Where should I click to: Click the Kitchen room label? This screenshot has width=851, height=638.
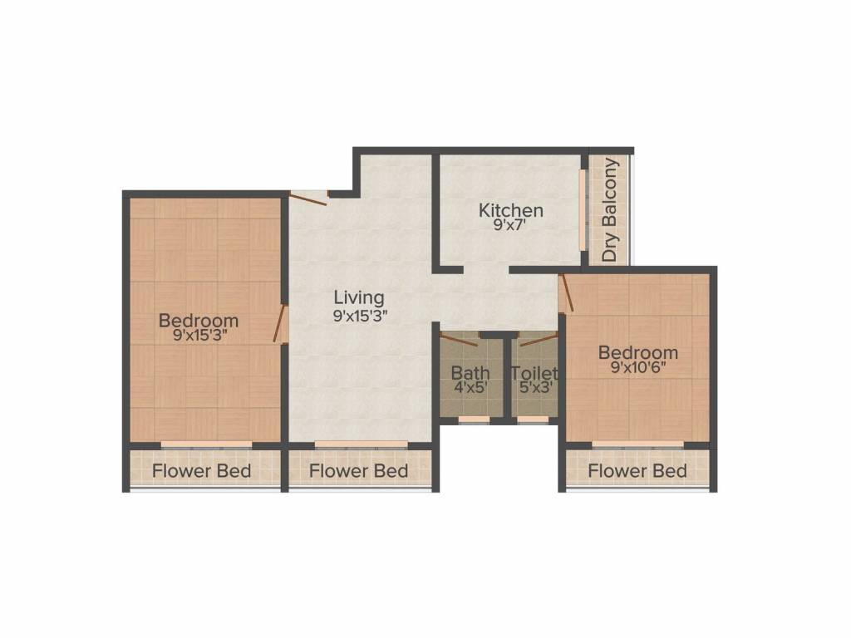point(510,210)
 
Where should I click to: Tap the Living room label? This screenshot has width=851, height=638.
point(359,297)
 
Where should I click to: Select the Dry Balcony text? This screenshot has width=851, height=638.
point(611,210)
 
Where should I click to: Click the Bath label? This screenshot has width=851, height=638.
point(470,372)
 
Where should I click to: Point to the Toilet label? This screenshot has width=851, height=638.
point(534,372)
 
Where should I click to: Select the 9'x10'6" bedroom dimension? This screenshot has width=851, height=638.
point(638,368)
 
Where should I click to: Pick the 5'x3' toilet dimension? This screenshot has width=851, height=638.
point(534,386)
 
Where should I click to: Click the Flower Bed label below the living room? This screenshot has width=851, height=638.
point(358,471)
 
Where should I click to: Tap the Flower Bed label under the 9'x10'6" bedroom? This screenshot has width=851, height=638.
point(637,471)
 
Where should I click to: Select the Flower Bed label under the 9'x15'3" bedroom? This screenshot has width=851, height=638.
point(201,471)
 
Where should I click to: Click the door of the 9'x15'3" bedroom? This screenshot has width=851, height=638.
point(280,324)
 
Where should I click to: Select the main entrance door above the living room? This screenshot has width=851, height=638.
point(308,197)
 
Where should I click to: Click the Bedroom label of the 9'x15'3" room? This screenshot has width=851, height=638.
point(199,320)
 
